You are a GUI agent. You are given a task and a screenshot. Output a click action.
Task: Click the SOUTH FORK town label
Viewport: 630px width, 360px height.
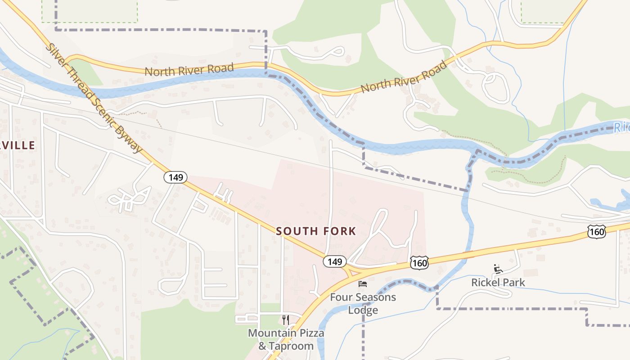click(x=316, y=231)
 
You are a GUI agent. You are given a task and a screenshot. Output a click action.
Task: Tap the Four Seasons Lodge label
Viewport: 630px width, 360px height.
click(x=363, y=303)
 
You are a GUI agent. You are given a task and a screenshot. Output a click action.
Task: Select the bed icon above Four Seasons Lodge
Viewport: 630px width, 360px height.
click(x=363, y=284)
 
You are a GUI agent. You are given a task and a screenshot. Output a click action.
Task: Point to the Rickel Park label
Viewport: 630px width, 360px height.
click(x=498, y=283)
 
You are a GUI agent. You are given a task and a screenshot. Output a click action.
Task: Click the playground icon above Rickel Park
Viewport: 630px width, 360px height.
click(x=498, y=269)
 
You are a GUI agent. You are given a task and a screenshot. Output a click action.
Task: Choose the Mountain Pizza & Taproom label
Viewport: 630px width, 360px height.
click(x=286, y=339)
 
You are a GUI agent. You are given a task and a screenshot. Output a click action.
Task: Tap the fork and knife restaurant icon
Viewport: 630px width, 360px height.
click(x=285, y=320)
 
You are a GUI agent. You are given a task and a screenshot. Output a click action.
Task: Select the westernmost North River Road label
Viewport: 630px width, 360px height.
click(x=189, y=70)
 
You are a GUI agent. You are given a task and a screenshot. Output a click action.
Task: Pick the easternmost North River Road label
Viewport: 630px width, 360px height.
click(x=404, y=77)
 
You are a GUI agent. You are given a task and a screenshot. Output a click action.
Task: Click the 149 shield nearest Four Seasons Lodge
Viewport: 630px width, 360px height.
click(x=335, y=261)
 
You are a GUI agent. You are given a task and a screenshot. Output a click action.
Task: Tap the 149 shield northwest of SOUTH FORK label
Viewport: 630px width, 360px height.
click(x=175, y=177)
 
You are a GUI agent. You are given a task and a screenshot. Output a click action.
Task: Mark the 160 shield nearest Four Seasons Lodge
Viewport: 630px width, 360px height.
click(x=419, y=263)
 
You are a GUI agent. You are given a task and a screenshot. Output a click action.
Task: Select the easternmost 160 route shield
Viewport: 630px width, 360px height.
click(x=596, y=232)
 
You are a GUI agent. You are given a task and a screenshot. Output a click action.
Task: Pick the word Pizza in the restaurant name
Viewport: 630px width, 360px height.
click(x=311, y=333)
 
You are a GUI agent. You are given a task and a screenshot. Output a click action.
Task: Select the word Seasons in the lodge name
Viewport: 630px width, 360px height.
click(x=373, y=297)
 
